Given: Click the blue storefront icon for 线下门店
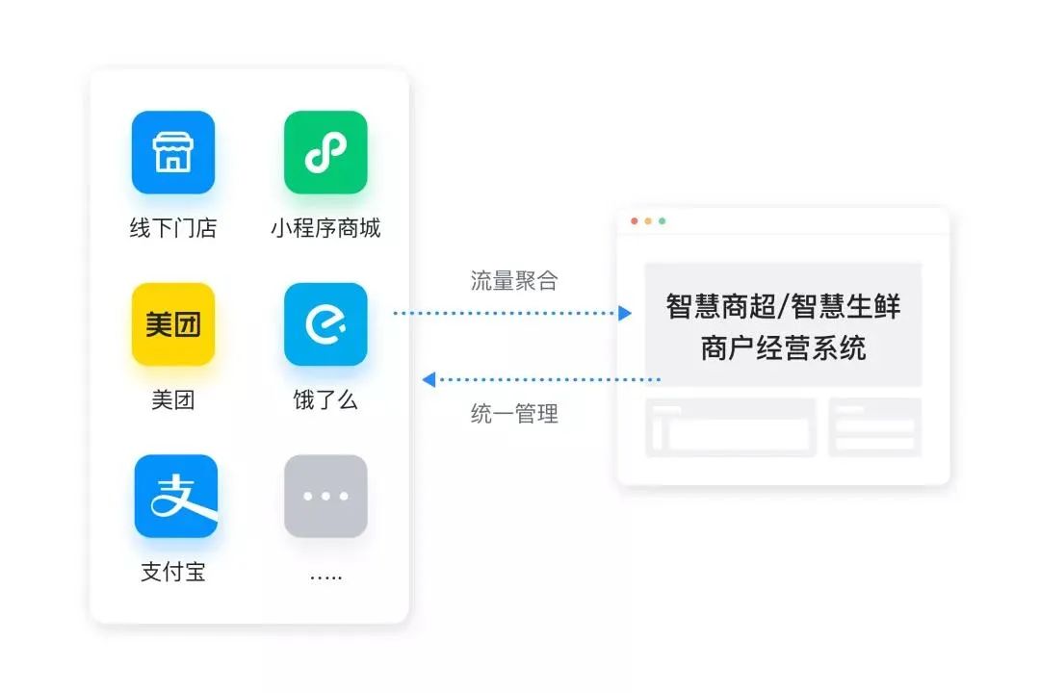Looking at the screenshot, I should point(173,152).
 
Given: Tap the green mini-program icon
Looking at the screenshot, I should point(325,152).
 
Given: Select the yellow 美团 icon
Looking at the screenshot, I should point(173,324).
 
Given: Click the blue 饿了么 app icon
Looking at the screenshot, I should point(325,324).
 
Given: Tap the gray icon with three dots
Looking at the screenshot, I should point(325,496).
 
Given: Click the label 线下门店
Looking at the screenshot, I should point(173,228).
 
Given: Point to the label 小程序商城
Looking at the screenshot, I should point(325,228).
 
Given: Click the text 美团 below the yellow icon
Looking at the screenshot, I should point(173,399).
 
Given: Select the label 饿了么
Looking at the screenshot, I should point(325,399).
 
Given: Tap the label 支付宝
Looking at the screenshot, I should point(173,572).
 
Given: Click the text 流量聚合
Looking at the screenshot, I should point(514,281).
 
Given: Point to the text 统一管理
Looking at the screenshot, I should point(514,415).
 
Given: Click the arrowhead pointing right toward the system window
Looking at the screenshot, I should point(625,313).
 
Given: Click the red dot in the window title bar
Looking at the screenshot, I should point(635,221).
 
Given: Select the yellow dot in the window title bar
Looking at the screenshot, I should point(648,221).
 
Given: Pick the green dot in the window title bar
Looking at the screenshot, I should point(662,221).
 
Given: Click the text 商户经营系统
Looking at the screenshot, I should point(783,347).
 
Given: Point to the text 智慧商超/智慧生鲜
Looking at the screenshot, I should point(783,306).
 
